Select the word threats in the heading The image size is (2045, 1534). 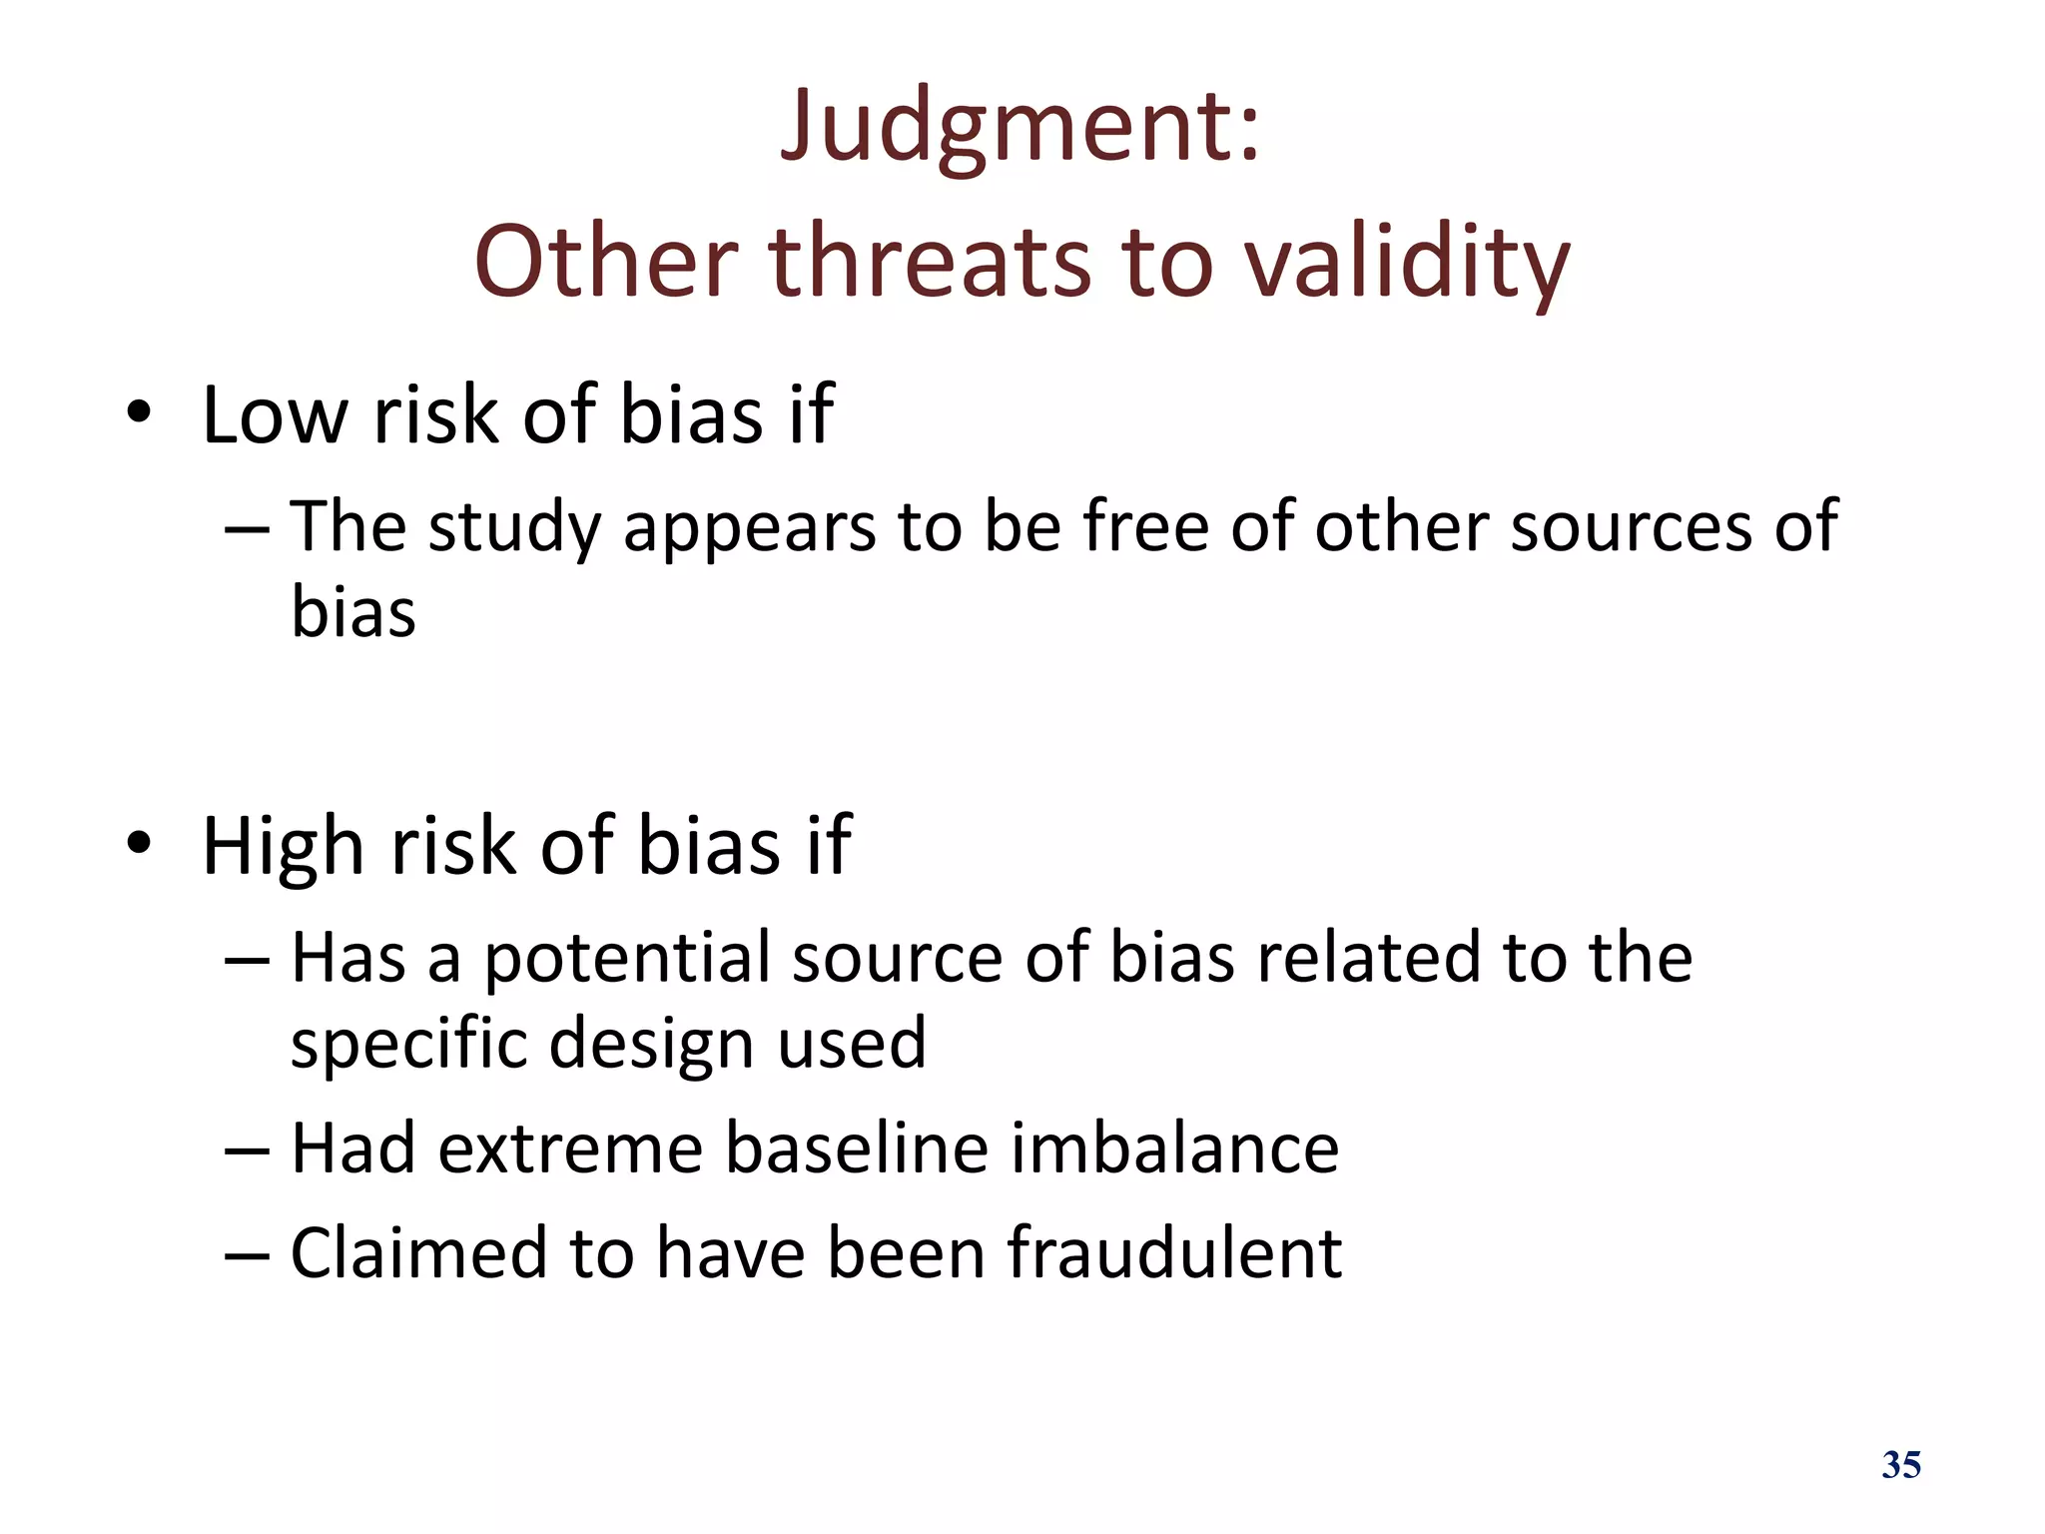[x=930, y=262]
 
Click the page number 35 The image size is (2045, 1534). [x=1900, y=1465]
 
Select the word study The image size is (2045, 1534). [x=512, y=528]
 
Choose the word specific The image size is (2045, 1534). [x=408, y=1044]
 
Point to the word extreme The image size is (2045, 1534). [x=570, y=1149]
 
